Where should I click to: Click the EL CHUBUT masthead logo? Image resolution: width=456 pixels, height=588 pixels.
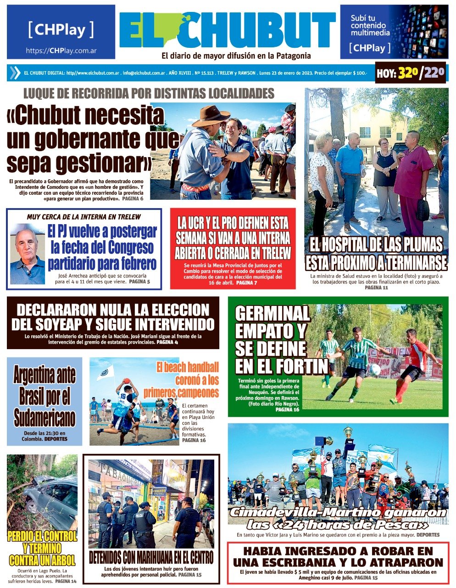[x=227, y=30]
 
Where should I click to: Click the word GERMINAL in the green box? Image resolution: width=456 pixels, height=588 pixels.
[x=272, y=314]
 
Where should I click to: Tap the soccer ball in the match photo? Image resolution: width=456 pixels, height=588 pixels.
[x=375, y=370]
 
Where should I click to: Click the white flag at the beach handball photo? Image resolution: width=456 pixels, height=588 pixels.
[x=106, y=372]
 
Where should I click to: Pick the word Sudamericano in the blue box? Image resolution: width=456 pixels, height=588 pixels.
[x=44, y=418]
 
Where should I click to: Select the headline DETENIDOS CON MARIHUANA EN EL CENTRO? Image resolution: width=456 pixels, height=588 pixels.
[x=151, y=558]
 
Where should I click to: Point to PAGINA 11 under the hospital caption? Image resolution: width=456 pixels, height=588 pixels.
[x=376, y=288]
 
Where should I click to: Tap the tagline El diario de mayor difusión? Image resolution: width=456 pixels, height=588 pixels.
[x=236, y=56]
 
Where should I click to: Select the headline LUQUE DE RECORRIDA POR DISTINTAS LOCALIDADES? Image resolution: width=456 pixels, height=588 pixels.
[x=149, y=94]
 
